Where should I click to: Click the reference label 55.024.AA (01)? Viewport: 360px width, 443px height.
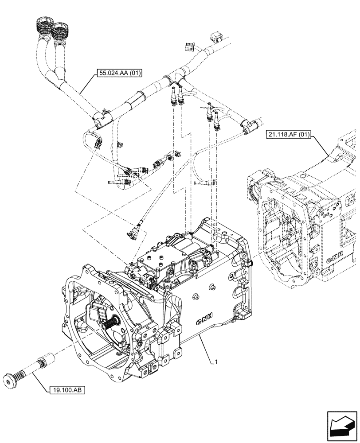(x=117, y=74)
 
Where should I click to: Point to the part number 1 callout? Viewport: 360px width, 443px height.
(x=216, y=362)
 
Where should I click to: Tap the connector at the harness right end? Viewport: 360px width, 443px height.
(x=248, y=125)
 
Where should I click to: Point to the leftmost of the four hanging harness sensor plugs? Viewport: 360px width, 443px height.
(x=172, y=100)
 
